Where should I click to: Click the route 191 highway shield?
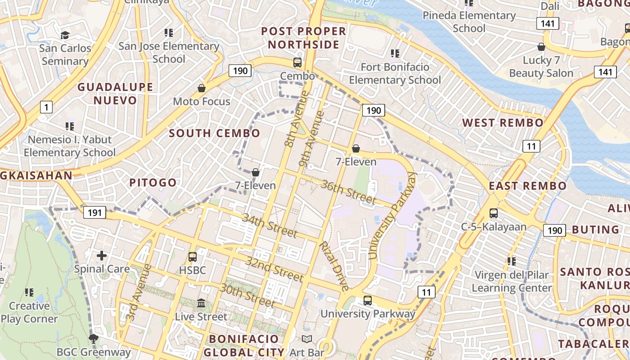pyautogui.click(x=94, y=212)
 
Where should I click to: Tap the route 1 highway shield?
pyautogui.click(x=46, y=107)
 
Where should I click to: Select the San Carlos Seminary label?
pyautogui.click(x=65, y=54)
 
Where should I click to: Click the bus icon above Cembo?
pyautogui.click(x=297, y=63)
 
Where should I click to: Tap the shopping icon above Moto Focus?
pyautogui.click(x=202, y=88)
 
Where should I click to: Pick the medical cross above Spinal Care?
pyautogui.click(x=102, y=256)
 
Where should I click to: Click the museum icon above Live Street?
pyautogui.click(x=201, y=303)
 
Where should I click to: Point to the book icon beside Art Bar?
pyautogui.click(x=307, y=339)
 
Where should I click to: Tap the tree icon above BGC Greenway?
pyautogui.click(x=94, y=338)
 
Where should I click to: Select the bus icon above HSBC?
pyautogui.click(x=193, y=257)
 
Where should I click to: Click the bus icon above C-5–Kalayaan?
pyautogui.click(x=494, y=213)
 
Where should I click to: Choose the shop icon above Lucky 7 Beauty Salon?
pyautogui.click(x=541, y=47)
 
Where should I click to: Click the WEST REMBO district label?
pyautogui.click(x=503, y=123)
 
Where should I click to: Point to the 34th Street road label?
pyautogui.click(x=270, y=225)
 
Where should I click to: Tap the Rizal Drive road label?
pyautogui.click(x=333, y=266)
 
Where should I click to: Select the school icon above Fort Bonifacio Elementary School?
pyautogui.click(x=395, y=54)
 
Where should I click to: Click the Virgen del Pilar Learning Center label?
pyautogui.click(x=512, y=281)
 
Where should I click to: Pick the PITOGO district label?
pyautogui.click(x=153, y=183)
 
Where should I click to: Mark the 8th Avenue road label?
pyautogui.click(x=296, y=119)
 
